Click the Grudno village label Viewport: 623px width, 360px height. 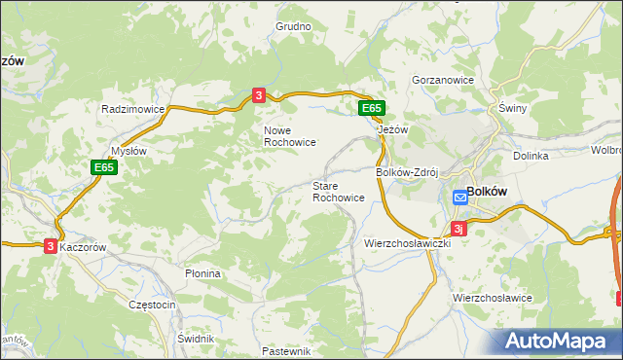tap(292, 27)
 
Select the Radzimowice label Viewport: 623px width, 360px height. tap(133, 110)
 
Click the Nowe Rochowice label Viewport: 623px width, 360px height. tap(289, 135)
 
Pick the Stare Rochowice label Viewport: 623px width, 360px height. tap(339, 191)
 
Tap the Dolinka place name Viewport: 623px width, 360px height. tap(531, 156)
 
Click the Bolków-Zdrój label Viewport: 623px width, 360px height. tap(409, 172)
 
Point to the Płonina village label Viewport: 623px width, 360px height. tap(203, 274)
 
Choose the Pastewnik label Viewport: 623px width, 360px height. tap(286, 351)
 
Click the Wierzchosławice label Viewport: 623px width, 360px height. tap(492, 297)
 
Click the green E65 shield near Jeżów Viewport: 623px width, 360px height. tap(371, 108)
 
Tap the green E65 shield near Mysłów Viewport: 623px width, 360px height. tap(105, 168)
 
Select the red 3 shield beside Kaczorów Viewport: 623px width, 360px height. tap(50, 247)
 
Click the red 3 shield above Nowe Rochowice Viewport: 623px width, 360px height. tap(258, 94)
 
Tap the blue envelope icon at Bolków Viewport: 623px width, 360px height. tap(459, 198)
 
